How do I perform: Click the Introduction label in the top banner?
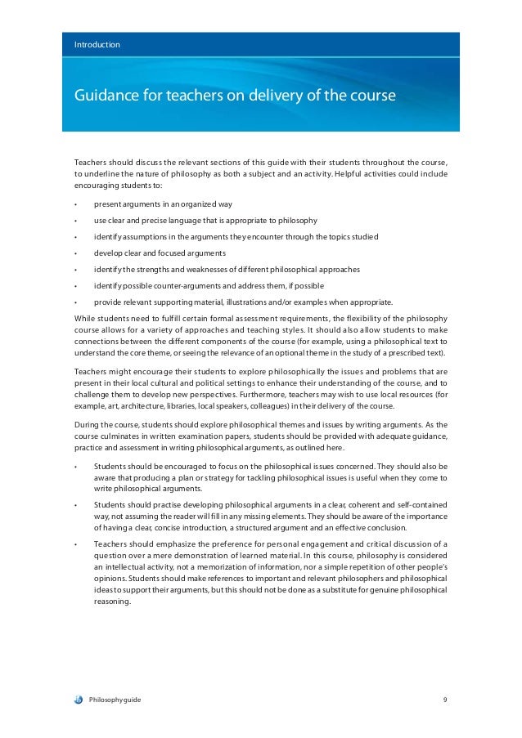coord(97,44)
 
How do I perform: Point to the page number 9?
coord(445,700)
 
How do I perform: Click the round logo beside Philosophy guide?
coord(78,700)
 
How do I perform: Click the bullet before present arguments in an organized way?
coord(75,204)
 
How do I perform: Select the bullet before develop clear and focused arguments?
coord(75,253)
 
